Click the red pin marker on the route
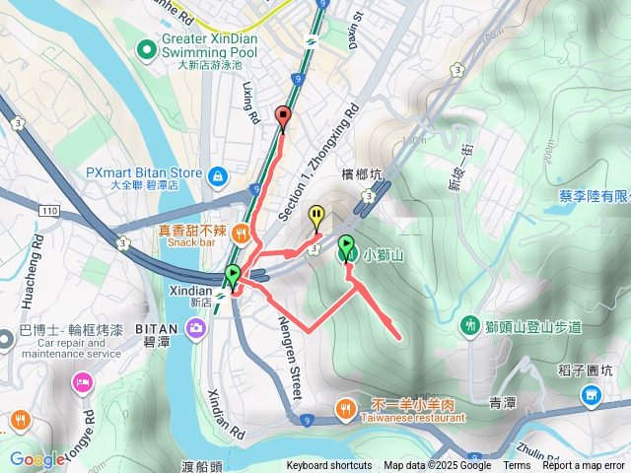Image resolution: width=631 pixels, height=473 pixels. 284,117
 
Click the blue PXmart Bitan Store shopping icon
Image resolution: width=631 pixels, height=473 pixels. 218,176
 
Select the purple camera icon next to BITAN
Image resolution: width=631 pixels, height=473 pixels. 197,327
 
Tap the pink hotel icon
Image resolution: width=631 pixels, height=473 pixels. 81,381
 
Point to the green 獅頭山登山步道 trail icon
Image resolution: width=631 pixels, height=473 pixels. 471,325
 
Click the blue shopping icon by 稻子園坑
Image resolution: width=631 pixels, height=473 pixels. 591,396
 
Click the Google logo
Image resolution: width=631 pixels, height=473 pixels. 36,458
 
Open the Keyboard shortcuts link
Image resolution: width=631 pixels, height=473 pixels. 329,466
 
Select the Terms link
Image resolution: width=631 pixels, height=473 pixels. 517,466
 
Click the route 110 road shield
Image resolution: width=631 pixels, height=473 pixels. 50,211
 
